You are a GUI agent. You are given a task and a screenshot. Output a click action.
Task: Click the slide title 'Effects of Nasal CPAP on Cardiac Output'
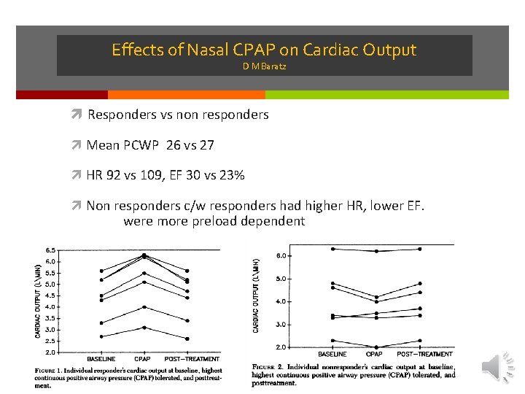tap(263, 50)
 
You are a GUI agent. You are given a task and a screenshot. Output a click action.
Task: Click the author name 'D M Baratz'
tap(264, 67)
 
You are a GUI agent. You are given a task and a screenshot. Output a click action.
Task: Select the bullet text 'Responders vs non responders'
tap(178, 115)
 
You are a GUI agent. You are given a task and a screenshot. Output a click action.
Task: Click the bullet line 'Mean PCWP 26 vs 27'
tap(150, 145)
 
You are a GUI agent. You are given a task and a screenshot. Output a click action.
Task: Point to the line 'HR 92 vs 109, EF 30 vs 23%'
tap(166, 176)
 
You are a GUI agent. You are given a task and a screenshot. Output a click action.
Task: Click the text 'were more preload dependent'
tap(214, 221)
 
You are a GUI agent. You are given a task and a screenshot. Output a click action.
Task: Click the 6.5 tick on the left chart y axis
tap(51, 250)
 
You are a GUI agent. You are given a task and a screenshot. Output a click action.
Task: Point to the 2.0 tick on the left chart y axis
tap(51, 352)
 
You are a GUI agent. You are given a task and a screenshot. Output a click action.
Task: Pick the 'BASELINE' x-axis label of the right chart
tap(332, 354)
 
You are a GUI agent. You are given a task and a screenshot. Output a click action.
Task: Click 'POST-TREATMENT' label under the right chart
tap(424, 354)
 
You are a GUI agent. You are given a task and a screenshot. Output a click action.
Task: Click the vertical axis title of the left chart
tap(38, 301)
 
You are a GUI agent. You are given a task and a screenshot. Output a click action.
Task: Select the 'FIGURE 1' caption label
tap(47, 371)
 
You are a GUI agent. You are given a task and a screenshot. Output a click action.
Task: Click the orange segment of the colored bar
tap(186, 95)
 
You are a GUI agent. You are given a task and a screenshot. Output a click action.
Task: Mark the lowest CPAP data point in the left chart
tap(144, 328)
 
